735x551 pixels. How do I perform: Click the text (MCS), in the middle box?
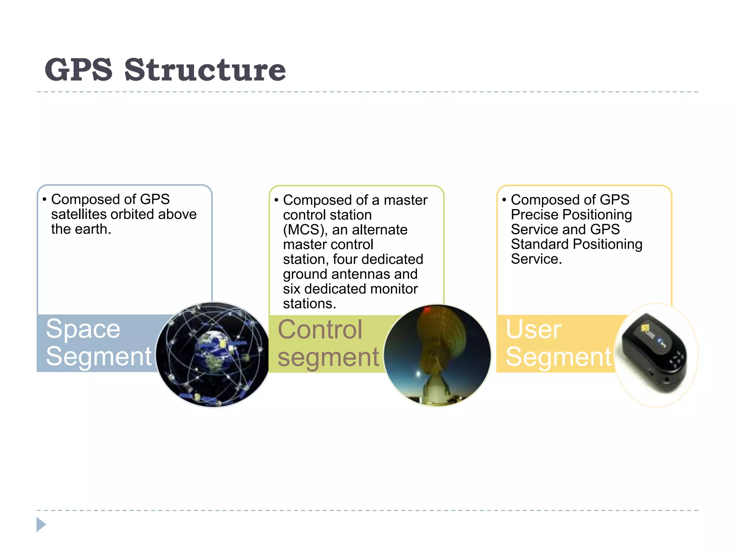click(x=305, y=230)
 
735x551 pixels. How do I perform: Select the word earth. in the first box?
click(x=93, y=229)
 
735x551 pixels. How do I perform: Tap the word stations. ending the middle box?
click(x=309, y=304)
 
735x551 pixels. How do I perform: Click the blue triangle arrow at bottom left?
click(x=41, y=524)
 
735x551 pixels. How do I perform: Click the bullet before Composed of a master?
click(x=276, y=200)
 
